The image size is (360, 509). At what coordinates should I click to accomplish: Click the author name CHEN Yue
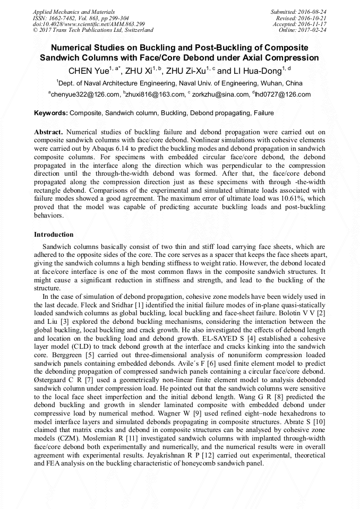coord(88,71)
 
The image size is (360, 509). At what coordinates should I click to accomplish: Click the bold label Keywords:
coord(51,113)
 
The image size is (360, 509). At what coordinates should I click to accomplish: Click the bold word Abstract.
coord(49,131)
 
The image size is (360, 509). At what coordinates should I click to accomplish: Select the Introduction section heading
coord(54,234)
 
